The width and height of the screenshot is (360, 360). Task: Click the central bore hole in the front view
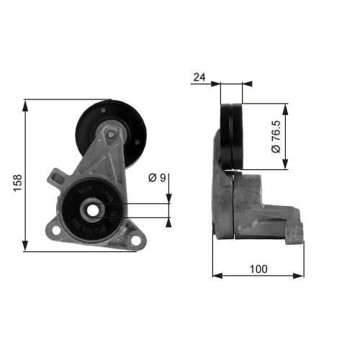click(93, 212)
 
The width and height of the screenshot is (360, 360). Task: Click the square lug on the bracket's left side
click(56, 175)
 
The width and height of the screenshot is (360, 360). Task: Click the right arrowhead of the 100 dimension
click(302, 274)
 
